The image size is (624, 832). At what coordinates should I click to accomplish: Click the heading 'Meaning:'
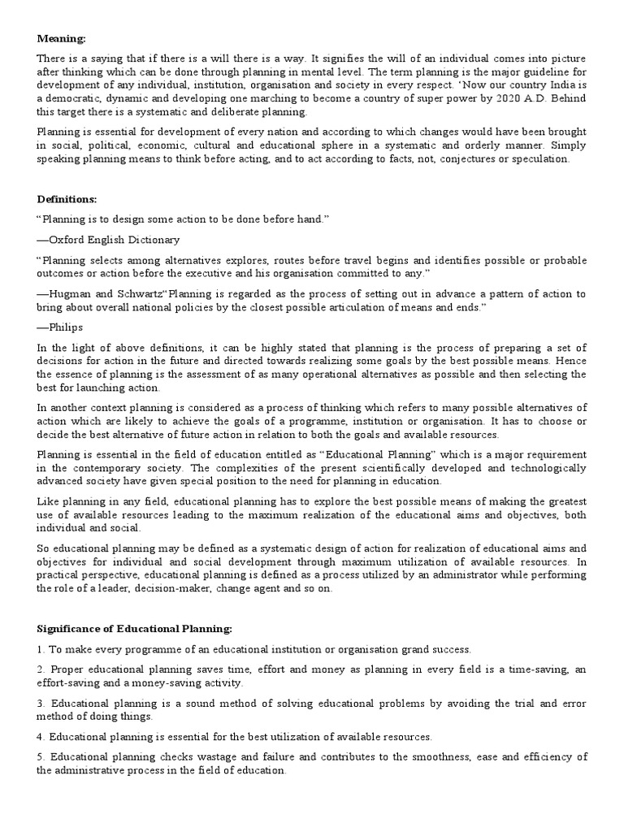(x=62, y=37)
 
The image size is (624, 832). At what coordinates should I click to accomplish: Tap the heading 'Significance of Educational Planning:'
(x=134, y=628)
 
